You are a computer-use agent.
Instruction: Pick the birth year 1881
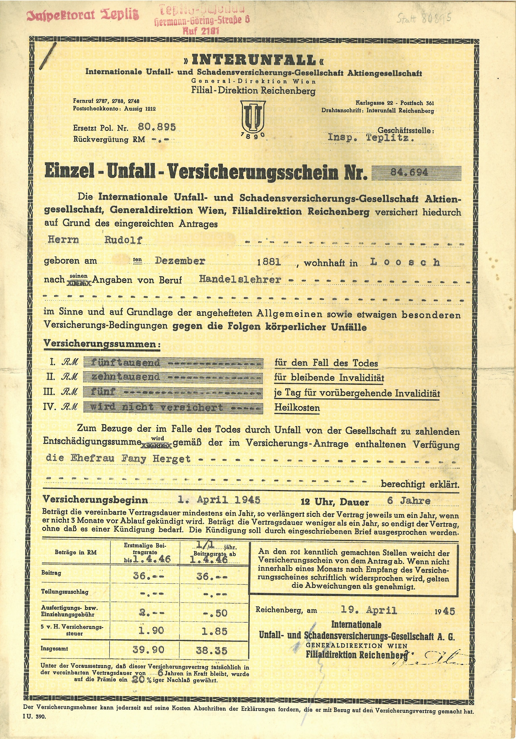click(x=269, y=262)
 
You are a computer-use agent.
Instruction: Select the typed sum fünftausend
click(x=125, y=363)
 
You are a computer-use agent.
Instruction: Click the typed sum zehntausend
click(x=125, y=377)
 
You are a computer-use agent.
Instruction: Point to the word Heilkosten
click(x=297, y=408)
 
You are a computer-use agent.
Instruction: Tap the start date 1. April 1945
click(x=219, y=500)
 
